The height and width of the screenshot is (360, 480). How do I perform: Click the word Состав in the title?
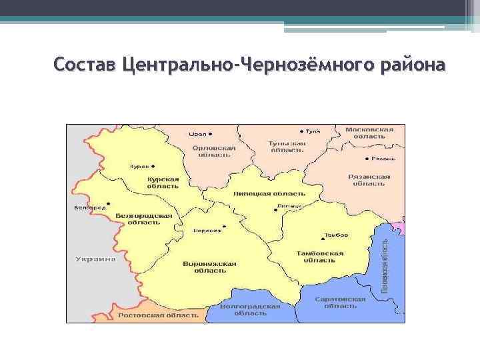click(x=85, y=65)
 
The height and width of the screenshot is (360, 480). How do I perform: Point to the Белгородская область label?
click(x=143, y=219)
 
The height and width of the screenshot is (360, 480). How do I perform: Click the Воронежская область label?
click(x=209, y=267)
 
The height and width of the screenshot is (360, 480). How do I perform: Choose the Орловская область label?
click(x=213, y=151)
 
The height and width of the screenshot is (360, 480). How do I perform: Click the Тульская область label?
click(x=287, y=147)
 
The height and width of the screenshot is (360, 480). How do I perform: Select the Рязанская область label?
click(x=369, y=181)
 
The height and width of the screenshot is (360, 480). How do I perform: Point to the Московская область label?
click(x=369, y=132)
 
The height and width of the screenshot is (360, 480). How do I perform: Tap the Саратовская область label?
click(x=341, y=303)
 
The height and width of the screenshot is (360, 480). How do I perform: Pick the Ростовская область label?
click(x=158, y=314)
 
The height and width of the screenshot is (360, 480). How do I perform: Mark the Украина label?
click(x=95, y=259)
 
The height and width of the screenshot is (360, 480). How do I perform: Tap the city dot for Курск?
click(x=153, y=165)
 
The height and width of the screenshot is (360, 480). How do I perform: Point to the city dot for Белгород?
click(x=108, y=203)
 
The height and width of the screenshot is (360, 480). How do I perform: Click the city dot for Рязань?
click(x=367, y=159)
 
